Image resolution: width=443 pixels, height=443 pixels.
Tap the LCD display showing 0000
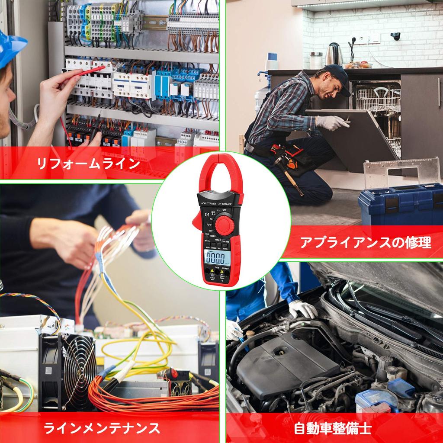click(215, 259)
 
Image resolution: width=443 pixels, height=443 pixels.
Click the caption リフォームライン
click(89, 164)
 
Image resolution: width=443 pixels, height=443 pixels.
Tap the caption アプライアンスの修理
click(366, 242)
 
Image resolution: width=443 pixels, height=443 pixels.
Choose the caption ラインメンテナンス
click(102, 428)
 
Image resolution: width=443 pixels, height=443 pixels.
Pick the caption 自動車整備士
click(332, 428)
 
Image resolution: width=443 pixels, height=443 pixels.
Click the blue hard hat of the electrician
click(11, 48)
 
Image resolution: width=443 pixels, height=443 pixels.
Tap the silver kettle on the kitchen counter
click(334, 55)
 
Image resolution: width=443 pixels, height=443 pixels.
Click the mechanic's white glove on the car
click(303, 308)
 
